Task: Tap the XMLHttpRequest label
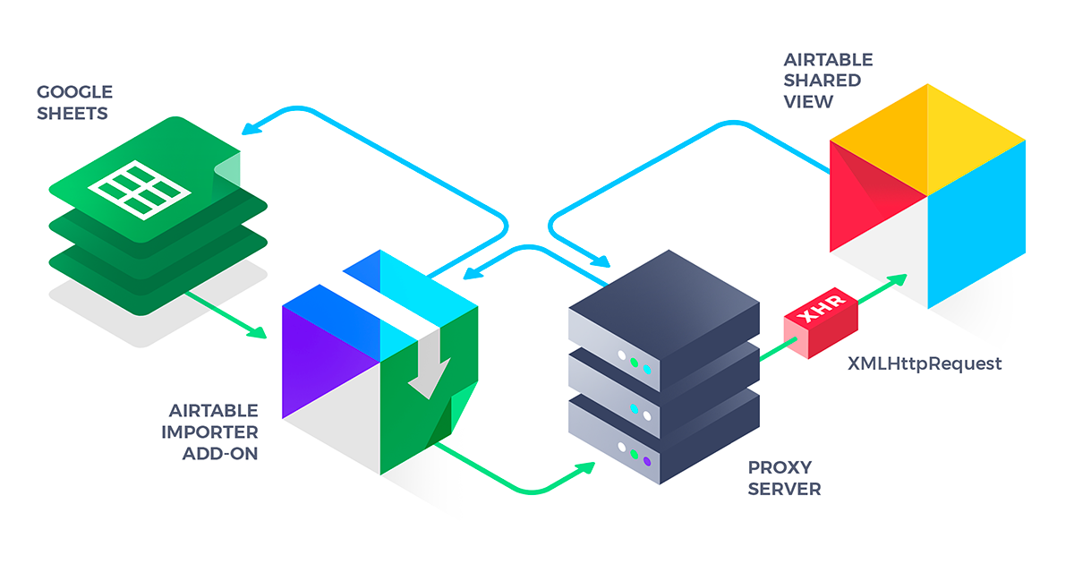925,363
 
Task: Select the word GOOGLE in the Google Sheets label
74,91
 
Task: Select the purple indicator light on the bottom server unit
646,461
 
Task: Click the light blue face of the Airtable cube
976,233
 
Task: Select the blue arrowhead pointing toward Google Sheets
252,127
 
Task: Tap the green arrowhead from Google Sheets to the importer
258,332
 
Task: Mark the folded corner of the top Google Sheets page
228,168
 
